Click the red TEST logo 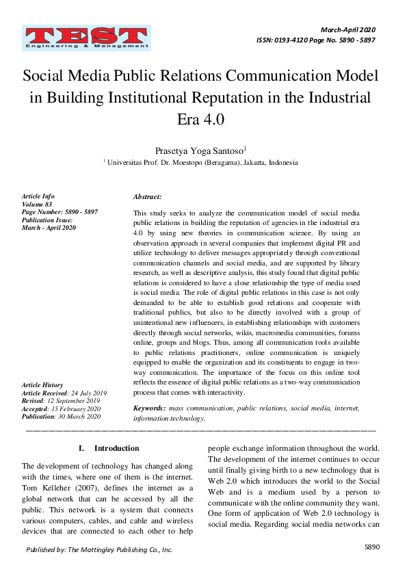pos(86,38)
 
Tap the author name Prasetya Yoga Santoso pos(202,150)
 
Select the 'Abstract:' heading pos(147,197)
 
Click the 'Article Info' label pos(38,197)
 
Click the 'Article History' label pos(42,386)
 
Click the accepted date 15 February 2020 pos(80,408)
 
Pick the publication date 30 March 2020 pos(81,416)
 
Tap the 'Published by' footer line pos(99,549)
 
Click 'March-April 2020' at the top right pos(348,30)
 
